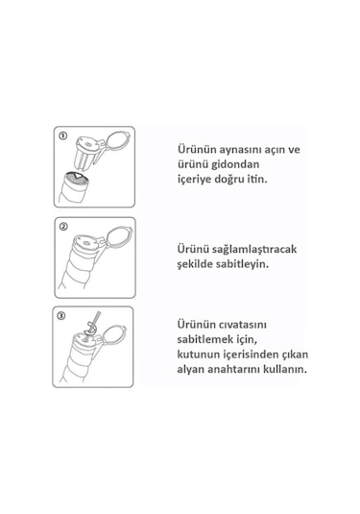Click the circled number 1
(62, 135)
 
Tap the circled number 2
(63, 227)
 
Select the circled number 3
(61, 316)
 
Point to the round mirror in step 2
(120, 236)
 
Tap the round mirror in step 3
(114, 335)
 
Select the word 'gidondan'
(235, 164)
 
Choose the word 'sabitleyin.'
(242, 264)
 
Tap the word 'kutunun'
(198, 355)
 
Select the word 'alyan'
(191, 370)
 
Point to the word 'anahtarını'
(234, 370)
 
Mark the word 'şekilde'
(195, 264)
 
